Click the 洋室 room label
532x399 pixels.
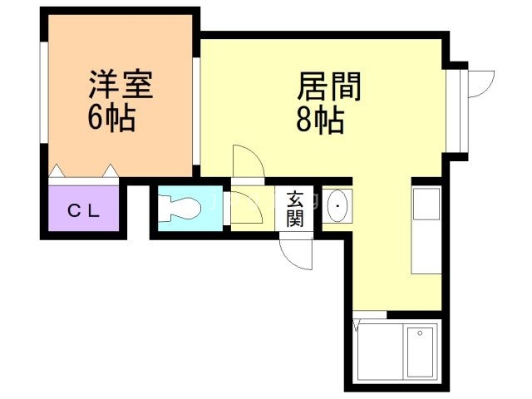point(121,85)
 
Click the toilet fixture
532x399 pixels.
point(180,206)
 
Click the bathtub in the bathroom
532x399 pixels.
point(419,350)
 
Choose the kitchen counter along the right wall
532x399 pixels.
point(426,228)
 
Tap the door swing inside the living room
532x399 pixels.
point(248,162)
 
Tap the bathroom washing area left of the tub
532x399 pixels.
point(378,350)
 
